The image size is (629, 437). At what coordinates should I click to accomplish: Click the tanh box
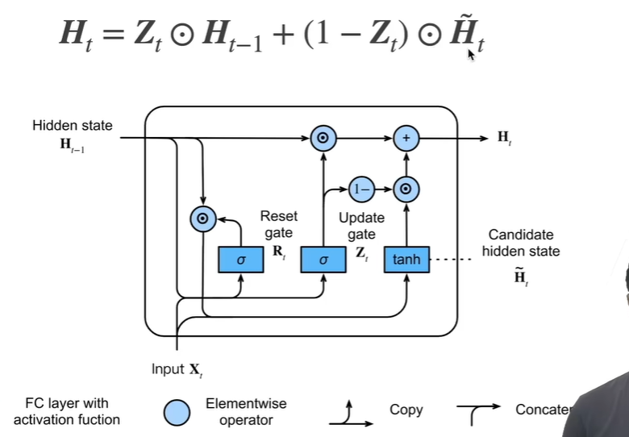click(x=406, y=260)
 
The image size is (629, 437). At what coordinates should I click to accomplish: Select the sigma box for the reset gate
click(x=240, y=260)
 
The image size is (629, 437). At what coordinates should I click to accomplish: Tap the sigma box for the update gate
click(x=323, y=260)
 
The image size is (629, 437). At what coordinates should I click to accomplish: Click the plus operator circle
click(x=406, y=139)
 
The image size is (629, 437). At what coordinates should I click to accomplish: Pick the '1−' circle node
click(x=362, y=189)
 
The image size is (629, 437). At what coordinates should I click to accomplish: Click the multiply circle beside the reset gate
click(x=203, y=218)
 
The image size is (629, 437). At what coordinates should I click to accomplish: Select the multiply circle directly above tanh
click(x=406, y=189)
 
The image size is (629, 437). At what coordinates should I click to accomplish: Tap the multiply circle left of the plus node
click(x=323, y=139)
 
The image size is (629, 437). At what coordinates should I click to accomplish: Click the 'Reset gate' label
click(x=279, y=224)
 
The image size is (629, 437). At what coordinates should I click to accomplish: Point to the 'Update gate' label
click(x=361, y=226)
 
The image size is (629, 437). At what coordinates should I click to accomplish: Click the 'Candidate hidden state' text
click(x=521, y=243)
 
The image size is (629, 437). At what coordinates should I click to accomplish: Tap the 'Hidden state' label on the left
click(x=73, y=126)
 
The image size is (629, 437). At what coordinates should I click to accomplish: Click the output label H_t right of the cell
click(x=505, y=138)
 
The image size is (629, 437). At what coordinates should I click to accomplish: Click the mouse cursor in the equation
click(x=471, y=55)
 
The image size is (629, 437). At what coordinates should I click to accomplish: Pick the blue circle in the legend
click(x=177, y=412)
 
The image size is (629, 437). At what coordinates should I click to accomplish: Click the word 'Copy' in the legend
click(x=406, y=410)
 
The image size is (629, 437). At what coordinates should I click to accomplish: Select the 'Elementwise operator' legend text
click(x=246, y=412)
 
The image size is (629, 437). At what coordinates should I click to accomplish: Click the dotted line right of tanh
click(x=451, y=260)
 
